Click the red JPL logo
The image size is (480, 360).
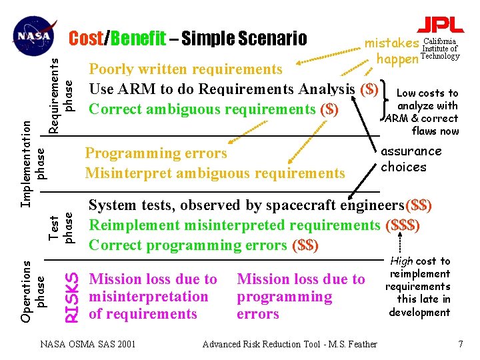coord(440,25)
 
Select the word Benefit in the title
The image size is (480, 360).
coord(139,39)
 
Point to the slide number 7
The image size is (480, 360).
coord(459,344)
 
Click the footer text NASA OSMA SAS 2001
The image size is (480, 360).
coord(87,344)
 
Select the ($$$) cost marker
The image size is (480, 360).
coord(403,225)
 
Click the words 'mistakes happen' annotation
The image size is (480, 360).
coord(393,51)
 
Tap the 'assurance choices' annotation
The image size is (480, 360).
coord(411,159)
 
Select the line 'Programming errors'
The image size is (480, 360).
coord(156,154)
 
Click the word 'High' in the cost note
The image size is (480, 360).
coord(401,261)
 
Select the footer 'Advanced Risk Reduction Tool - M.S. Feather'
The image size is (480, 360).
coord(289,344)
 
